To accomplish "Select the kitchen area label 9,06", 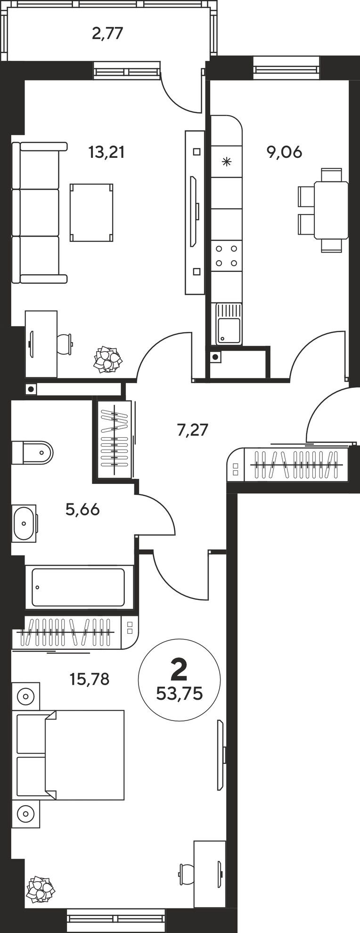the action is (x=284, y=153).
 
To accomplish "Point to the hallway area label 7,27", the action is (x=192, y=430).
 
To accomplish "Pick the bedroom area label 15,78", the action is (x=89, y=679).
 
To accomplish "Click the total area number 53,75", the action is (x=179, y=694).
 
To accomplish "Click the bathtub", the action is (x=78, y=587).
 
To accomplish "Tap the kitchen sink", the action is (x=229, y=324).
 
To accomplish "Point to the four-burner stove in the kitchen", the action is (x=226, y=255).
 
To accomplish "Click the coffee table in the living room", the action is (x=92, y=212).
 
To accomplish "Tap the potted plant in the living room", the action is (x=108, y=360).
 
